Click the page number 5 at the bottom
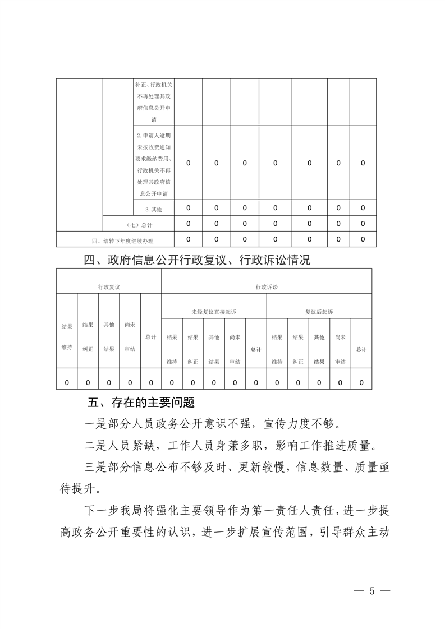371,591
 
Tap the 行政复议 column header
109,286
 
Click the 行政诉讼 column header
267,286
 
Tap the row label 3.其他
153,209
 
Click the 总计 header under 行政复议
150,337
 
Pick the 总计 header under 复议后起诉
361,349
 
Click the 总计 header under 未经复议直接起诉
256,349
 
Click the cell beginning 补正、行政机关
154,102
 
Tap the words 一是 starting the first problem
92,422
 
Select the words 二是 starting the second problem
92,446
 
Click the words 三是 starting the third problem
92,469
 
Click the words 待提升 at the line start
76,488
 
